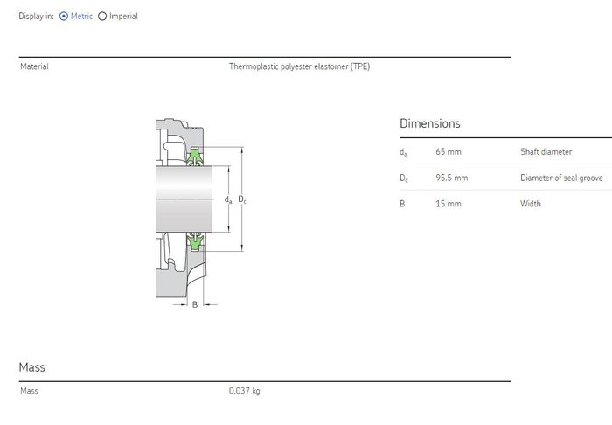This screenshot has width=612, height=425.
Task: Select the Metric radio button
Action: tap(64, 17)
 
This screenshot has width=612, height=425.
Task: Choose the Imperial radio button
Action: tap(102, 17)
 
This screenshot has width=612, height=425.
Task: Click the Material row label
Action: tap(34, 66)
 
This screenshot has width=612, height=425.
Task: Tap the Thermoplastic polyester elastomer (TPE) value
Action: tap(299, 66)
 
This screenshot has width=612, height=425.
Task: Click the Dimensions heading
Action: tap(430, 123)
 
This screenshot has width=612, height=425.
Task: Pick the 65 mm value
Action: tap(449, 151)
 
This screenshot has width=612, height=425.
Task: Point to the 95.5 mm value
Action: tap(452, 178)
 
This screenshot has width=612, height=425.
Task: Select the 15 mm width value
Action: tap(449, 204)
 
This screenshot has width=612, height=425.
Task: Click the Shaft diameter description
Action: tap(546, 151)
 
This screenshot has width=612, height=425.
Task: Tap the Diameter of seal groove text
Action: tap(561, 178)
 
